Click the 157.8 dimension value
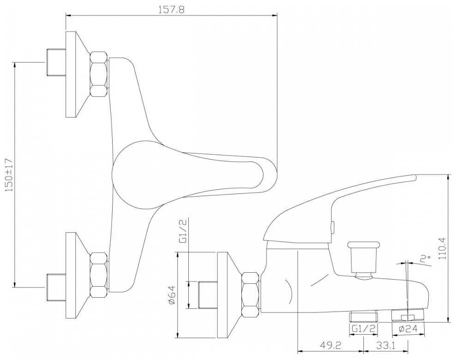171,9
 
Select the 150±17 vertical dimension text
10,174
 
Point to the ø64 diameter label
172,294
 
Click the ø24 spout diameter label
408,329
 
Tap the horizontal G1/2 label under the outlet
364,329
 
